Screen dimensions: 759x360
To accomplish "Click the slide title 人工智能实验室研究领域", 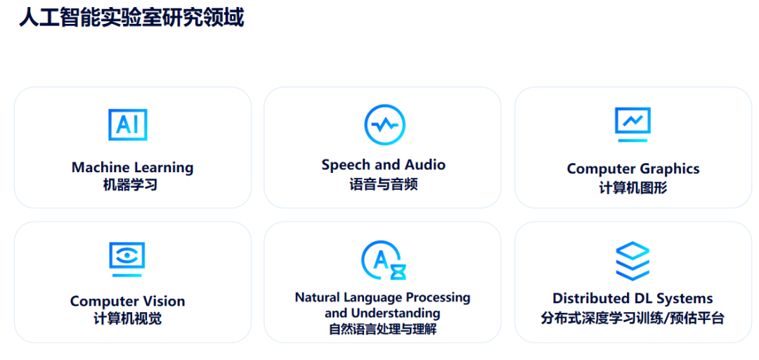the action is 131,18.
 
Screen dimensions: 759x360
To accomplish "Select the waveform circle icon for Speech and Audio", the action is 385,125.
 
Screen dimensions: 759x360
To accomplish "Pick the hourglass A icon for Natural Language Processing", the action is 384,260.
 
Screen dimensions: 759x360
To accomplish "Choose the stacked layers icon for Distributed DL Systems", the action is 632,261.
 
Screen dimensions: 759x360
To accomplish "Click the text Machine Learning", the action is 133,167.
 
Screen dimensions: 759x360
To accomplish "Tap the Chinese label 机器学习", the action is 130,185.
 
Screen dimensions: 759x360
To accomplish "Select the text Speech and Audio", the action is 384,165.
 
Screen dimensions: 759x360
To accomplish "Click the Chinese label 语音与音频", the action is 384,184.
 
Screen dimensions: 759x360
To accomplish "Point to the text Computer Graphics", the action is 633,169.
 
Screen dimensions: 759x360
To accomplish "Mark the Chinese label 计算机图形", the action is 633,188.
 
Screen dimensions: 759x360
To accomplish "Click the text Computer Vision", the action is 127,301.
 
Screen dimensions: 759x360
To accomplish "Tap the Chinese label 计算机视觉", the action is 128,319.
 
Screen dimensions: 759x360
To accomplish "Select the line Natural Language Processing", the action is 382,297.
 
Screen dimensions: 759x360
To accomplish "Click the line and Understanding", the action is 382,313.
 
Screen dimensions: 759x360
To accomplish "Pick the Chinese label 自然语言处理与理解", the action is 382,330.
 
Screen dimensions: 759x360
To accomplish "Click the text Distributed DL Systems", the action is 632,297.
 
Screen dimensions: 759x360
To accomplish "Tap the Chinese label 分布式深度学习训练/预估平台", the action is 632,319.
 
